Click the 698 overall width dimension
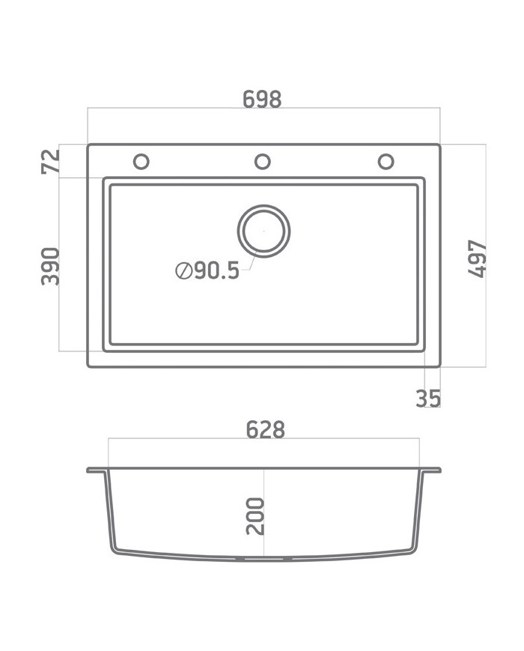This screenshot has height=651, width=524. pos(263,99)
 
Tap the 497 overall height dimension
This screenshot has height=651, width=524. pos(477,259)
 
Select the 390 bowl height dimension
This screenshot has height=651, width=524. pos(50,265)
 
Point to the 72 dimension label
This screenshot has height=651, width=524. pos(50,162)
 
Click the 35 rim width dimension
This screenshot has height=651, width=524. pos(428,399)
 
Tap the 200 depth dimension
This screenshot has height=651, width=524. pos(255,515)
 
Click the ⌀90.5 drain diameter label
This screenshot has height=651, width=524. pos(208,270)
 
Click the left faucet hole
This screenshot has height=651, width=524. pos(141,161)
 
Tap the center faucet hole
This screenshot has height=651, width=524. pos(262,161)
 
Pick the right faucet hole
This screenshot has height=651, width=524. pos(386,161)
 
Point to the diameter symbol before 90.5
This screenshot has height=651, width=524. pos(183,270)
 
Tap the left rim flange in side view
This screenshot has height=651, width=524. pos(97,470)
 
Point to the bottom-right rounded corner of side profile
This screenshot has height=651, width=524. pos(411,550)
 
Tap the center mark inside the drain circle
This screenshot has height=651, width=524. pos(263,231)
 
